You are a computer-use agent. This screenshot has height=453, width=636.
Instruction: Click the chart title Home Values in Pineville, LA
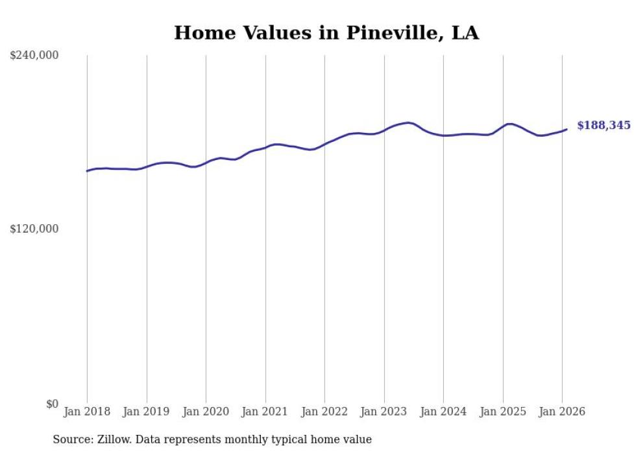click(326, 33)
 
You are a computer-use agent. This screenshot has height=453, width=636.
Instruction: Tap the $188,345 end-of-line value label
click(603, 126)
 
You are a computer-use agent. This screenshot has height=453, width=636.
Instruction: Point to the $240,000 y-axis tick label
click(34, 56)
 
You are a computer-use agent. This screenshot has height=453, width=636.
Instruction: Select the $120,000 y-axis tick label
click(34, 229)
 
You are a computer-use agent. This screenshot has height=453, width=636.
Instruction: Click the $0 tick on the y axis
click(52, 404)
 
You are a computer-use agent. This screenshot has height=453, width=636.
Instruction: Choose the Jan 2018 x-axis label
click(87, 412)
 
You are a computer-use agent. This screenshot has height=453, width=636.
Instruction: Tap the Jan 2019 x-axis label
click(147, 412)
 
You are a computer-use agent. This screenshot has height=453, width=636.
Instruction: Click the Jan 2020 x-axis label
click(206, 412)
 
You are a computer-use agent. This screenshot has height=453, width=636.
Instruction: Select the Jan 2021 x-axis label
click(265, 412)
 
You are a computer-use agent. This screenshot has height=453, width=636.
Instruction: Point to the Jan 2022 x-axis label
click(324, 412)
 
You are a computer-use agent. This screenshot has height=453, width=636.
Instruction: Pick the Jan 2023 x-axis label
click(384, 412)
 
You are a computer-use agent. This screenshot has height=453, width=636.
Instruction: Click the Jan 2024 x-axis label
click(443, 412)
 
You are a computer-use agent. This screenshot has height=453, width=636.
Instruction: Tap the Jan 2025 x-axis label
click(503, 412)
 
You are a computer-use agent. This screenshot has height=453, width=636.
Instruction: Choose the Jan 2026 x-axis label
click(562, 412)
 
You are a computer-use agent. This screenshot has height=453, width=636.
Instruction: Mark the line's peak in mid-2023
click(408, 122)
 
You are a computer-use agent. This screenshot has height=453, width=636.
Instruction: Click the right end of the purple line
click(567, 129)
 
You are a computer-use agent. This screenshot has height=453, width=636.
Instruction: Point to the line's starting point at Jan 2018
click(87, 171)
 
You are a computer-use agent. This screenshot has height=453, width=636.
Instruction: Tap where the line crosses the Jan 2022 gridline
click(324, 144)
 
